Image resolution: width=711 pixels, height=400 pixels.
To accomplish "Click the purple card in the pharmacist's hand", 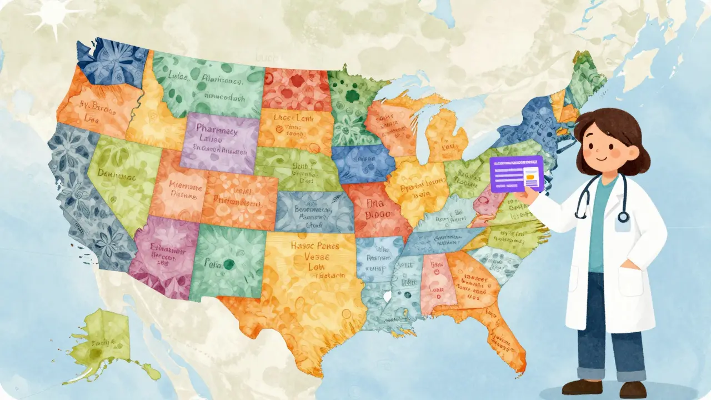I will click(516, 173).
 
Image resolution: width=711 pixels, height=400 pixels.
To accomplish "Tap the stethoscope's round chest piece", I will click(623, 217).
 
